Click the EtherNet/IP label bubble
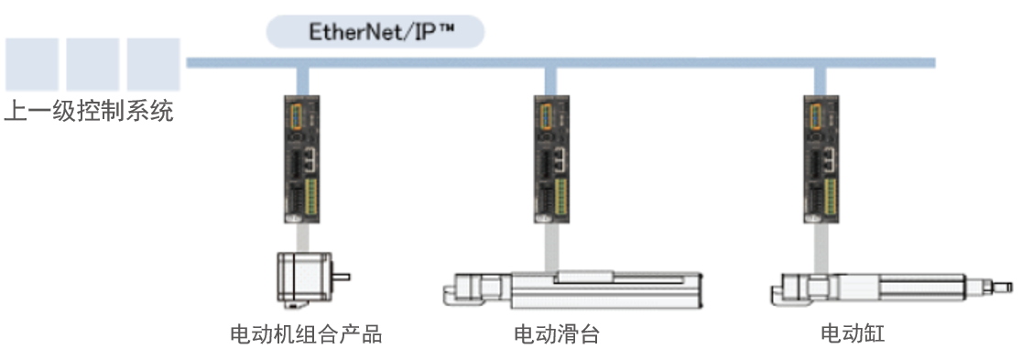(x=375, y=32)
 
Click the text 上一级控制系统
(x=90, y=111)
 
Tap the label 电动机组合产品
(x=306, y=334)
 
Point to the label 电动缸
(x=853, y=334)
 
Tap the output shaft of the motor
(x=342, y=278)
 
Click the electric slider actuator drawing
(x=571, y=289)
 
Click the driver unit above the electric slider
(x=551, y=159)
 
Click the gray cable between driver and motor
(x=303, y=237)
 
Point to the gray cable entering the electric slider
(x=551, y=247)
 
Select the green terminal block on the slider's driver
(x=561, y=196)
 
